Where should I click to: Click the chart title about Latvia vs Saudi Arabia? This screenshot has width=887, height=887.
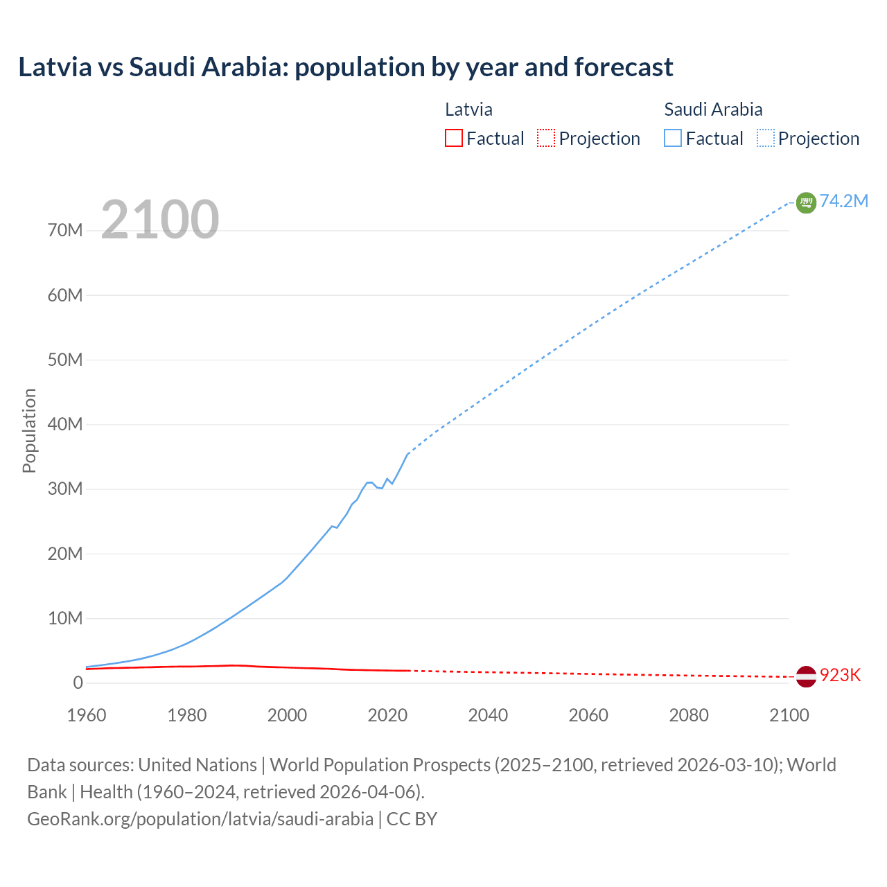345,67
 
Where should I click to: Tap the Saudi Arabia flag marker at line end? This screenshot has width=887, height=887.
806,202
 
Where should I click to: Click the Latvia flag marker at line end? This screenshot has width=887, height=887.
806,676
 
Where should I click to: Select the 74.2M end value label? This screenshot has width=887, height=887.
844,201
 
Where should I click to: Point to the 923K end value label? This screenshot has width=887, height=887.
840,676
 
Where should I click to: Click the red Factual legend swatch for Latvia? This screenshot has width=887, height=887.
454,139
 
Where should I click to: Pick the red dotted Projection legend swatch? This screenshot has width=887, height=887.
546,139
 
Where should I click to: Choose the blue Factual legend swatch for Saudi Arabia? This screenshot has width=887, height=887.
673,139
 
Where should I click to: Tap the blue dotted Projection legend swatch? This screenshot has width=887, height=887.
766,139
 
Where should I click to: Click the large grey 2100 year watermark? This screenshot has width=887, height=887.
160,220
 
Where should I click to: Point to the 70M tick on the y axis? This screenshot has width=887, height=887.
65,231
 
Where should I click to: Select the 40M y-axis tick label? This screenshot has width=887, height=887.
65,424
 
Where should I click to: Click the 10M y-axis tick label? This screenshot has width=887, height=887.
65,618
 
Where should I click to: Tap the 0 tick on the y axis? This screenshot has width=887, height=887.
78,683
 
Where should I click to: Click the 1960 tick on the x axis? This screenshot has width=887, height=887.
87,715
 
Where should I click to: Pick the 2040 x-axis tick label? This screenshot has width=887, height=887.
488,715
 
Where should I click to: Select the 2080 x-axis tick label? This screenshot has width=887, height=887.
689,715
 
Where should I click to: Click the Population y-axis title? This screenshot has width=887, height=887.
29,430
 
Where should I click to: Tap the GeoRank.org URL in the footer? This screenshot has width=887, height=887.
200,819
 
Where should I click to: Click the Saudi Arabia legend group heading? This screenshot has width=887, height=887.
713,109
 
